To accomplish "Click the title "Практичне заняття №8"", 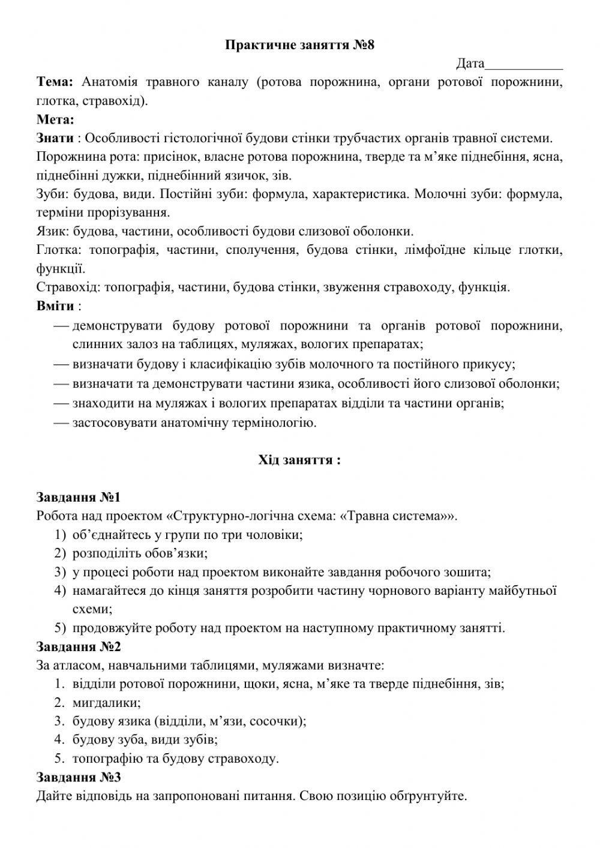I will pos(299,44).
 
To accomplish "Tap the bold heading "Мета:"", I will pos(55,119).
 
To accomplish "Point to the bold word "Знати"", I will pos(55,138).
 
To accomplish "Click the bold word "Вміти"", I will pos(55,306).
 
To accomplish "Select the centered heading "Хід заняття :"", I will pos(299,460).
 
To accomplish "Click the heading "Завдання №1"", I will pos(79,498).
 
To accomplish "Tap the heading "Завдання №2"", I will pos(79,647).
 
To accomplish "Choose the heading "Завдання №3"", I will pos(79,778).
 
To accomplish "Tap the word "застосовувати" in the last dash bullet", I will pos(115,422).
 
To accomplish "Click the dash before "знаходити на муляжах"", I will pos(61,403).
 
